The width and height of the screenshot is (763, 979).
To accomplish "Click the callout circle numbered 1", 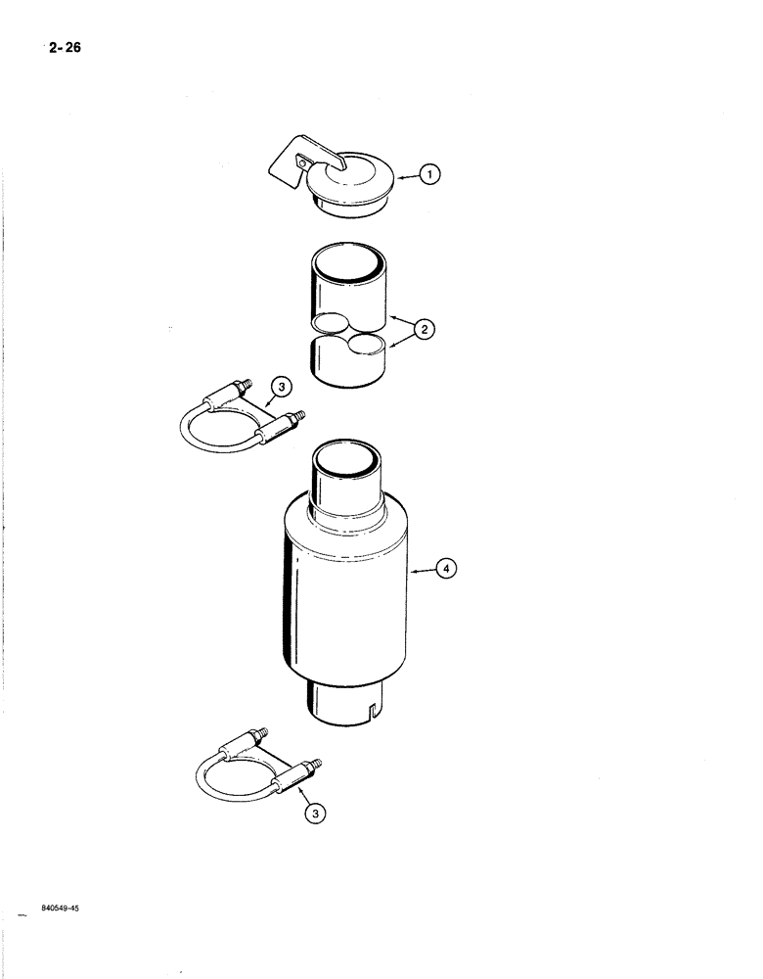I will click(x=430, y=175).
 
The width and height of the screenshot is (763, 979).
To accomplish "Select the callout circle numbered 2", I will click(x=424, y=329).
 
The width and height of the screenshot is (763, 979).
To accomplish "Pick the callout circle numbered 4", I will click(x=444, y=568).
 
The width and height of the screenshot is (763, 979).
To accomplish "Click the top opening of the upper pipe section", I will click(x=348, y=265).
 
